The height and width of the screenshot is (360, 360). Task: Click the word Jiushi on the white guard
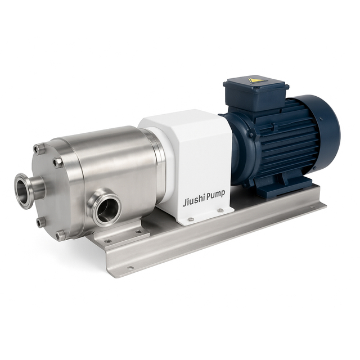coord(195,201)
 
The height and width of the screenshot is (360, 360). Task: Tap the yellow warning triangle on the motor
coord(256,80)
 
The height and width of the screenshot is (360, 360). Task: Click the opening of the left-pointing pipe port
coord(24,191)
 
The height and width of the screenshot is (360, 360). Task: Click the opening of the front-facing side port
coord(106,210)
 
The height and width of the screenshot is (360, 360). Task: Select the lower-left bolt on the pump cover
coord(40,222)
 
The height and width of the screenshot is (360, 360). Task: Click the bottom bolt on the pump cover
coord(60,235)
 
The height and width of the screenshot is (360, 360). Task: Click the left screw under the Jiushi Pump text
coord(191,219)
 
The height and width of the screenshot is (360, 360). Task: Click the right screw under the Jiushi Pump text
coord(220,210)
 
